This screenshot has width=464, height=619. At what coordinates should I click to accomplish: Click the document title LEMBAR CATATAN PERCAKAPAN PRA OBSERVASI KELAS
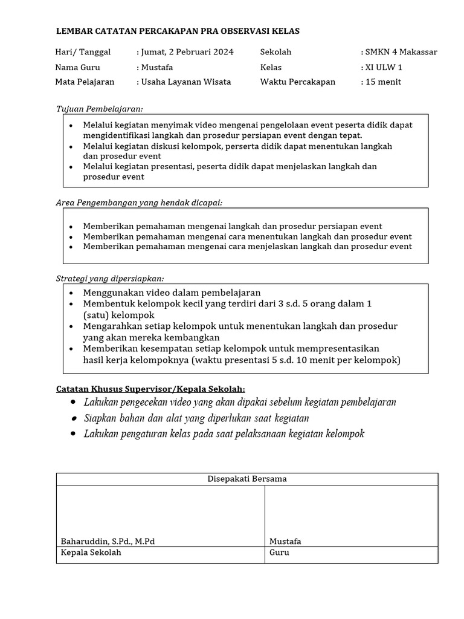(177, 31)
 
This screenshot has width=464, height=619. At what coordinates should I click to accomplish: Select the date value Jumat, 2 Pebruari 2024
(187, 52)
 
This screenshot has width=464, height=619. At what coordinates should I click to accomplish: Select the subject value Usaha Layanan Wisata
(185, 82)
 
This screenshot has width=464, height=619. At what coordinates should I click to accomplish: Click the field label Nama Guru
(78, 67)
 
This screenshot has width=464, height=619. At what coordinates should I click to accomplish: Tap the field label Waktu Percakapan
(297, 82)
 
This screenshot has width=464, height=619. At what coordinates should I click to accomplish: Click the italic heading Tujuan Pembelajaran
(99, 109)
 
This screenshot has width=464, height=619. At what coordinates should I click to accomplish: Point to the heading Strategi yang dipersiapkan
(110, 278)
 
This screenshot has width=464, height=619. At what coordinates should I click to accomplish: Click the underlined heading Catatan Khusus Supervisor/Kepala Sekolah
(150, 389)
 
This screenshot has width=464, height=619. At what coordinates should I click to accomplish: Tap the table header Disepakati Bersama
(247, 479)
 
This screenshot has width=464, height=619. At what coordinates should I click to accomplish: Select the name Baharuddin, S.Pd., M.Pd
(108, 541)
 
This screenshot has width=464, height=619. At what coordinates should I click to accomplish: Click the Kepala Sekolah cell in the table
(91, 553)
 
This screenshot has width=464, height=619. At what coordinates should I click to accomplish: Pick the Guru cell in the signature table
(279, 553)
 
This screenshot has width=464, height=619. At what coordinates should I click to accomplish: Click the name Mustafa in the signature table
(285, 541)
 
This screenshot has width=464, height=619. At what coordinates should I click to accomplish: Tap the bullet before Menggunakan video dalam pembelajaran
(71, 293)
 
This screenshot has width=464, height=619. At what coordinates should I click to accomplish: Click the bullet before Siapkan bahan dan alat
(73, 418)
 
